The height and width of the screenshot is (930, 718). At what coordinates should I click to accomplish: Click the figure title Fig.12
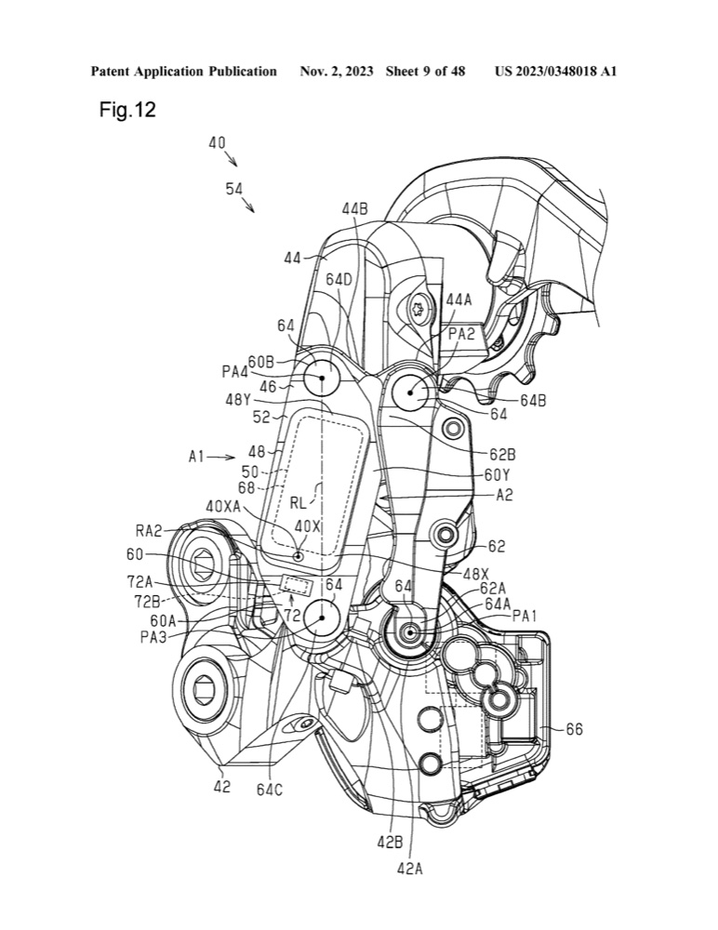point(127,110)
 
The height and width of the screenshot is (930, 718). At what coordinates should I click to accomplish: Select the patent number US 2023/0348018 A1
point(555,72)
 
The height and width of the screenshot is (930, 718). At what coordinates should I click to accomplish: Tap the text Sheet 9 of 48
point(425,72)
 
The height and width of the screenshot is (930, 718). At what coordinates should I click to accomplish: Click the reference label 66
point(574,729)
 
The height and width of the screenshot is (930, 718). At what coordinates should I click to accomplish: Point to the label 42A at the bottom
point(410,869)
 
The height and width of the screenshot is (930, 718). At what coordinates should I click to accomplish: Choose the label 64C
point(270,790)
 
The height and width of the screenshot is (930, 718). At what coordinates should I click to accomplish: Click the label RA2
point(149,531)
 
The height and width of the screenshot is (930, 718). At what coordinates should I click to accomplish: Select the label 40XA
point(223,507)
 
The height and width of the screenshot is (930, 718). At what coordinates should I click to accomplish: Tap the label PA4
point(235,372)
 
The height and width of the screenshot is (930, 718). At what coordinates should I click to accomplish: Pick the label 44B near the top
point(354,208)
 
